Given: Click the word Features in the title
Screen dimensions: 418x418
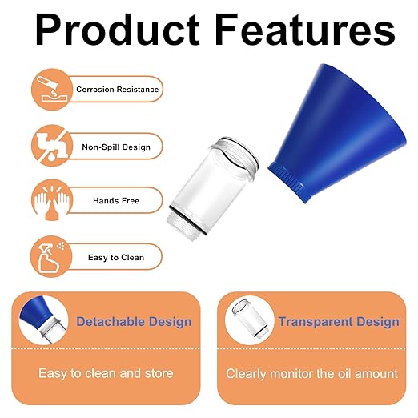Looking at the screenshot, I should [x=295, y=30].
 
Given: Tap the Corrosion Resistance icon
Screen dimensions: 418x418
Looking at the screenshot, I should [x=49, y=90].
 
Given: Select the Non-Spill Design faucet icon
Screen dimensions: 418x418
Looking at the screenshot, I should [x=49, y=146].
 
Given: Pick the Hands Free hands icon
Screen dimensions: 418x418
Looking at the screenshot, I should [x=49, y=200].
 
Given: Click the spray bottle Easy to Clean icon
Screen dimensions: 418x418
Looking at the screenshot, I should [x=49, y=256].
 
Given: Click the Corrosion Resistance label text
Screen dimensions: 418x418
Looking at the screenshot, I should [x=117, y=90].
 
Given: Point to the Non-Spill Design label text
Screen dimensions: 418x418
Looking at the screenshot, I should [x=117, y=147].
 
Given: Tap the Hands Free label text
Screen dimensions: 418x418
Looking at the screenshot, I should [x=117, y=201].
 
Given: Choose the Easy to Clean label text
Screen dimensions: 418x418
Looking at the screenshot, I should [x=117, y=257].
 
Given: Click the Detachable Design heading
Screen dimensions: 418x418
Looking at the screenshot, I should [x=134, y=322].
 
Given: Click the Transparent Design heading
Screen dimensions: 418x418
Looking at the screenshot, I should [x=339, y=322].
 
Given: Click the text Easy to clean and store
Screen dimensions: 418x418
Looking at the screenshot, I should [x=106, y=373].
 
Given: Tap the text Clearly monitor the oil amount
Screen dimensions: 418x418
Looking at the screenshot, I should [x=311, y=373].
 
